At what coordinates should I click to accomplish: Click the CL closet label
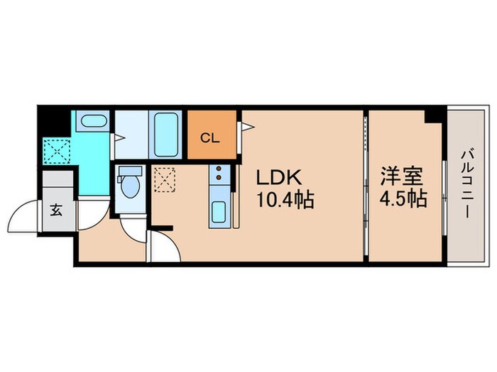click(211, 137)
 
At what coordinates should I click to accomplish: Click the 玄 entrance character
click(55, 210)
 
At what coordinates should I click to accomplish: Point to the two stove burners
click(219, 173)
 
